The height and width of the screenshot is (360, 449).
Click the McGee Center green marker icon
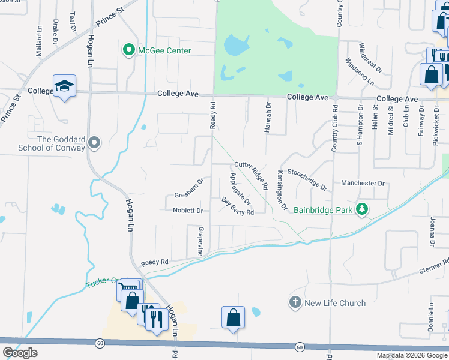(128, 50)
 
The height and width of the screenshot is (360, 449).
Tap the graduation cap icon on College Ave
(64, 86)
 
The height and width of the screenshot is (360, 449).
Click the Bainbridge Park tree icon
(362, 209)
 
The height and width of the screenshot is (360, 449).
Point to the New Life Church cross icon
(295, 302)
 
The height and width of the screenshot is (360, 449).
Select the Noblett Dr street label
(188, 211)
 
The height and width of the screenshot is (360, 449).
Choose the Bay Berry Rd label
(238, 206)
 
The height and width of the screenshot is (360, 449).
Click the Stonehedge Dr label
(307, 179)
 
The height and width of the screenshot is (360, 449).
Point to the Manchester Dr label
(362, 183)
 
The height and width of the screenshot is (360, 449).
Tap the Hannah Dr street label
(268, 113)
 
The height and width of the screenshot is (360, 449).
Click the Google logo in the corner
(20, 352)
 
